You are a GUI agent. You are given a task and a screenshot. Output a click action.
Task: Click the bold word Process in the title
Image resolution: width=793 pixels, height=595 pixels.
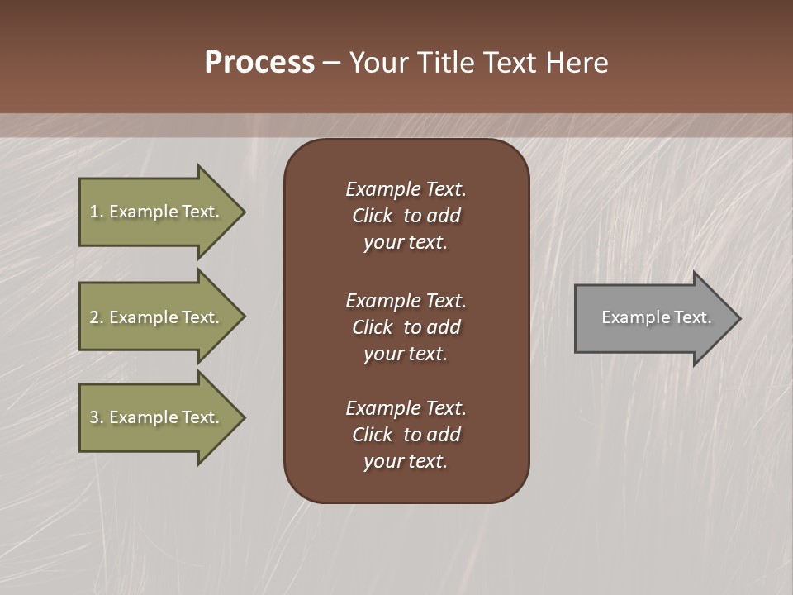coord(259,63)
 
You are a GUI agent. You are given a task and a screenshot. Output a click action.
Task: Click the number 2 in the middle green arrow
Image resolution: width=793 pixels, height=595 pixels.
coord(94,317)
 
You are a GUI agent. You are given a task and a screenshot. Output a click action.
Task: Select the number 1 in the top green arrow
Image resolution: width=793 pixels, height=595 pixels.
coord(94,212)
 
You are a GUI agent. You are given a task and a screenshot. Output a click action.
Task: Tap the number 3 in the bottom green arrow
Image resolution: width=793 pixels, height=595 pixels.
coord(94,417)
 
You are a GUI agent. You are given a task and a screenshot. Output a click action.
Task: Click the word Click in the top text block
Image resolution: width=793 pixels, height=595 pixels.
coord(372,216)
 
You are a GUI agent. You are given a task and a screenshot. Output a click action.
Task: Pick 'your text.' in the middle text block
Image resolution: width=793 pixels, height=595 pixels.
coord(406,354)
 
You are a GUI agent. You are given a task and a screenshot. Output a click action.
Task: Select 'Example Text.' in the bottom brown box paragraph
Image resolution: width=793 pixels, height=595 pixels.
coord(406,408)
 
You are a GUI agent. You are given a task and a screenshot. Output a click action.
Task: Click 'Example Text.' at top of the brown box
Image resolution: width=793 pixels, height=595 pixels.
coord(406,189)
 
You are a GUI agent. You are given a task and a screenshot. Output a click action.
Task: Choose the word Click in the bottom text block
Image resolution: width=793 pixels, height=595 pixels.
coord(372,435)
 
